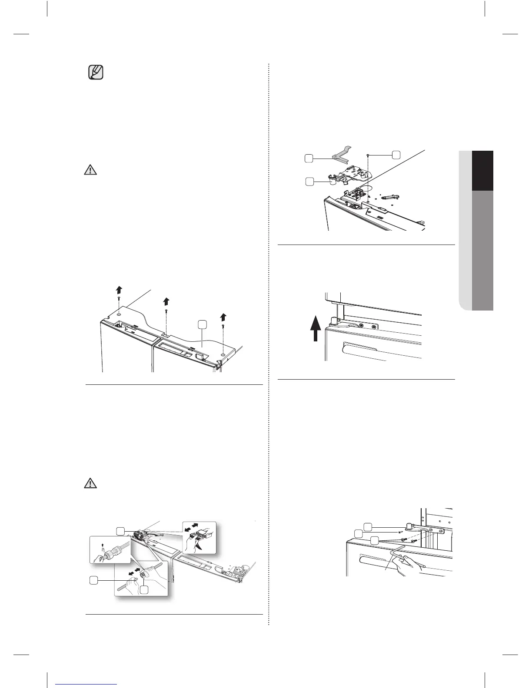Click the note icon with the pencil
pos(96,73)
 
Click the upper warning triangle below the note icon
pos(90,169)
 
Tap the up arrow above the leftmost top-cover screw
pos(118,290)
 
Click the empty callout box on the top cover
pos(202,324)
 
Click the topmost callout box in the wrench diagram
pos(368,527)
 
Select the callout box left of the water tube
pos(93,579)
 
